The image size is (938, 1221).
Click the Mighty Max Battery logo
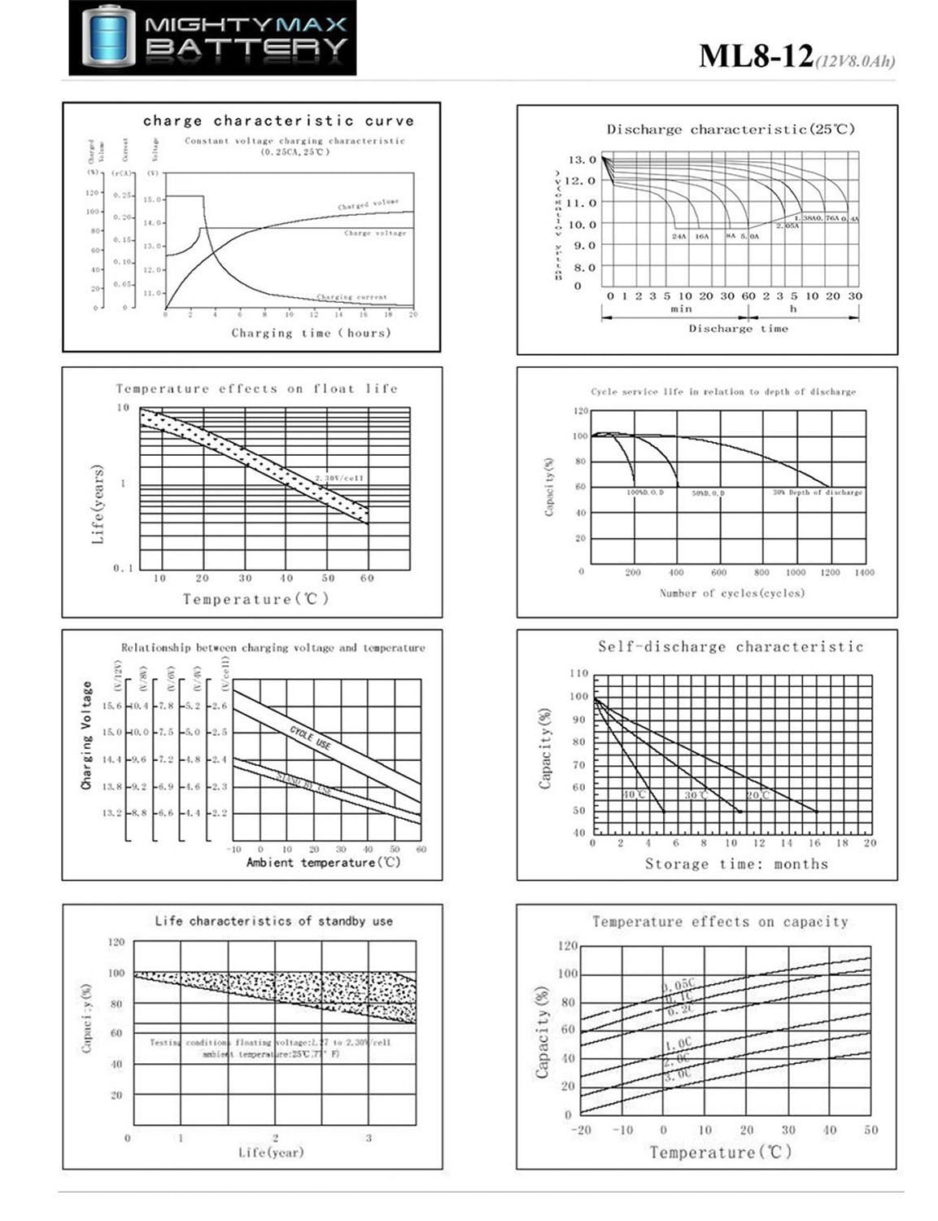click(x=212, y=38)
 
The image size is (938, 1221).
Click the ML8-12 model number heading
click(x=756, y=56)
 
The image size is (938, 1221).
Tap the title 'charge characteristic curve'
click(x=278, y=120)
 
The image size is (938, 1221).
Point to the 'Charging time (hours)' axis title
click(x=311, y=333)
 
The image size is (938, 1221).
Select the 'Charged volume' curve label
click(x=369, y=204)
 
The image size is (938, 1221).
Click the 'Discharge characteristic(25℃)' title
click(x=731, y=129)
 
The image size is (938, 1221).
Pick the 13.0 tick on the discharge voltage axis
click(x=582, y=160)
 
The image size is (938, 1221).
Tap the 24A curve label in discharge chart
click(x=679, y=236)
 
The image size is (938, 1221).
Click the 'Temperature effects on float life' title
click(x=256, y=389)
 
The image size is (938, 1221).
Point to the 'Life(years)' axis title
click(x=98, y=505)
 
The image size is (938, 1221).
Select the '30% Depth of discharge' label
click(x=817, y=492)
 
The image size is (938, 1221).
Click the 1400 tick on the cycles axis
click(x=864, y=573)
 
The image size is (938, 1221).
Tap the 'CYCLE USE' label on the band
click(x=310, y=738)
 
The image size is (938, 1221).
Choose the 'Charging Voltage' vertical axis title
click(x=86, y=735)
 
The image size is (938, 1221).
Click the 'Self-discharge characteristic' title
click(x=730, y=647)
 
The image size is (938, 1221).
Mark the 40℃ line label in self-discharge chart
click(x=635, y=794)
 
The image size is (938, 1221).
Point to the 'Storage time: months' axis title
click(x=736, y=864)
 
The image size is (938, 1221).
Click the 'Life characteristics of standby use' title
click(x=273, y=921)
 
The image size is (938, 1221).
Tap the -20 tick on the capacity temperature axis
click(x=581, y=1131)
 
